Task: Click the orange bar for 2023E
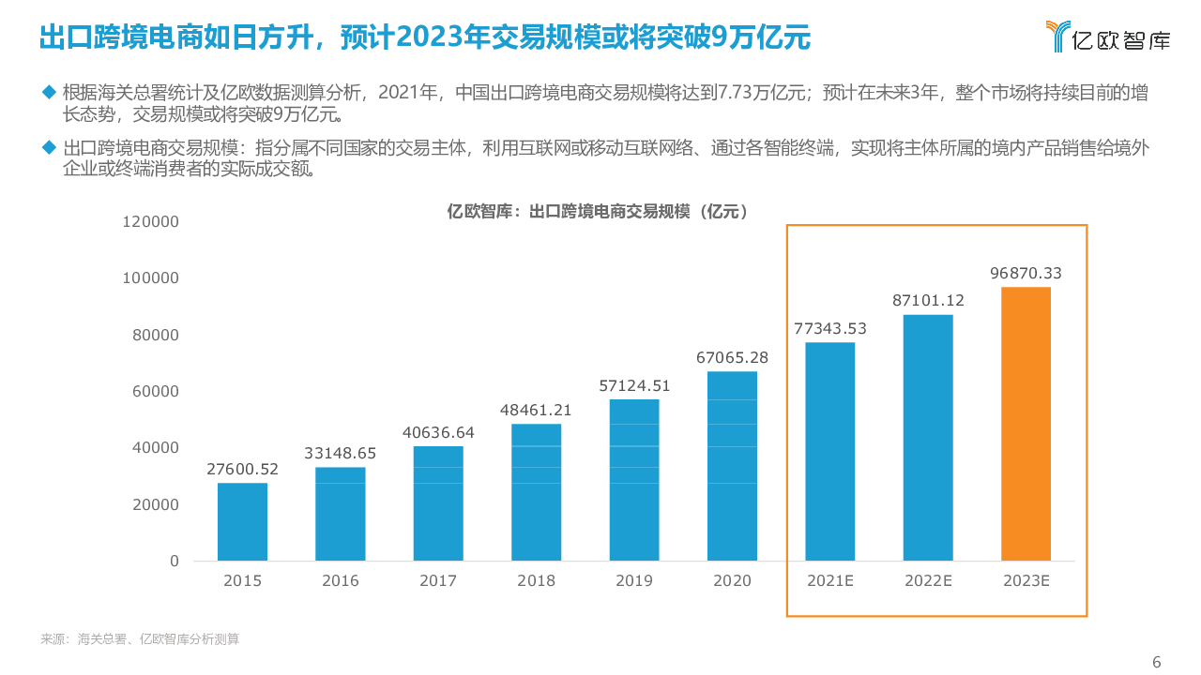[1026, 424]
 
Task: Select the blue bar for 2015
[242, 521]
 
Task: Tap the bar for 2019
[634, 480]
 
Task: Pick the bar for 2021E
[830, 451]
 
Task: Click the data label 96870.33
[1026, 273]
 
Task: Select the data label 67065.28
[732, 357]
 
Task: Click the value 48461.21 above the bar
[537, 410]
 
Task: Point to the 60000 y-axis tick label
[154, 392]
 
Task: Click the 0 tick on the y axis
[174, 561]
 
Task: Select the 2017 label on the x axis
[438, 581]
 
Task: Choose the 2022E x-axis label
[928, 581]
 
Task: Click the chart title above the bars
[599, 212]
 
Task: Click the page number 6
[1156, 662]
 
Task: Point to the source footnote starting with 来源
[140, 639]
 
